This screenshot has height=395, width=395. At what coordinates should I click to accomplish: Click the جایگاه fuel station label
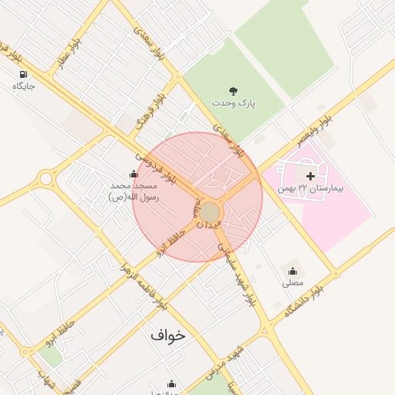click(x=24, y=86)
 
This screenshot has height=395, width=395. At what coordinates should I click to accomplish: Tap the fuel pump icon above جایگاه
click(x=23, y=74)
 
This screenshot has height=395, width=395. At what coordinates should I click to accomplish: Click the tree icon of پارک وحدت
click(x=235, y=90)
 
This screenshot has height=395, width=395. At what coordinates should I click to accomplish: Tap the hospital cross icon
click(x=311, y=177)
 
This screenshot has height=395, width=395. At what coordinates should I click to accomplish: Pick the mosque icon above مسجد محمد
click(x=133, y=174)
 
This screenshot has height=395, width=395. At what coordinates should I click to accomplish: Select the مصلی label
click(x=293, y=282)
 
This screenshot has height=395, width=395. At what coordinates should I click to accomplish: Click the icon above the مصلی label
click(x=292, y=271)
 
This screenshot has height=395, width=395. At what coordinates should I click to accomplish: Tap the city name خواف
click(x=168, y=336)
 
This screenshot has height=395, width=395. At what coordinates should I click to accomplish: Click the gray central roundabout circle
click(x=211, y=211)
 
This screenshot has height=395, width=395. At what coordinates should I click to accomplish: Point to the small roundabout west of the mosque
click(x=46, y=180)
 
